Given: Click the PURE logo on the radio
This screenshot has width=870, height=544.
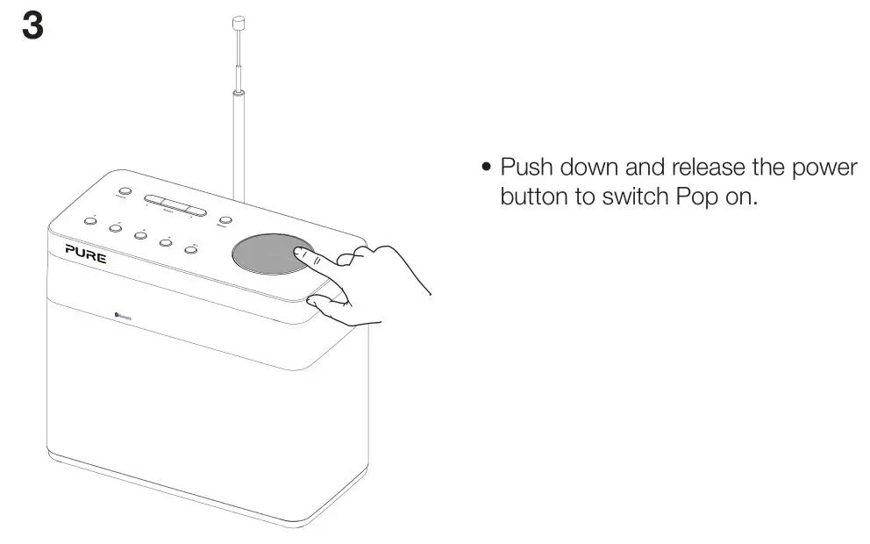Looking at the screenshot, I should coord(86,254).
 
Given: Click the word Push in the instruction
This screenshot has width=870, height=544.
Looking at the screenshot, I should coord(527,167).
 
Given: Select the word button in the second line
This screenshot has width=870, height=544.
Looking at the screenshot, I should coord(535,196).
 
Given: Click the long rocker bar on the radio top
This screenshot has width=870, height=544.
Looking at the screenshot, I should coord(175,204).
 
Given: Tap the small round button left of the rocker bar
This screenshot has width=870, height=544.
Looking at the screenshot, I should coord(124,191).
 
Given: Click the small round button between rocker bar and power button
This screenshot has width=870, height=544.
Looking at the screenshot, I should coord(226,221).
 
